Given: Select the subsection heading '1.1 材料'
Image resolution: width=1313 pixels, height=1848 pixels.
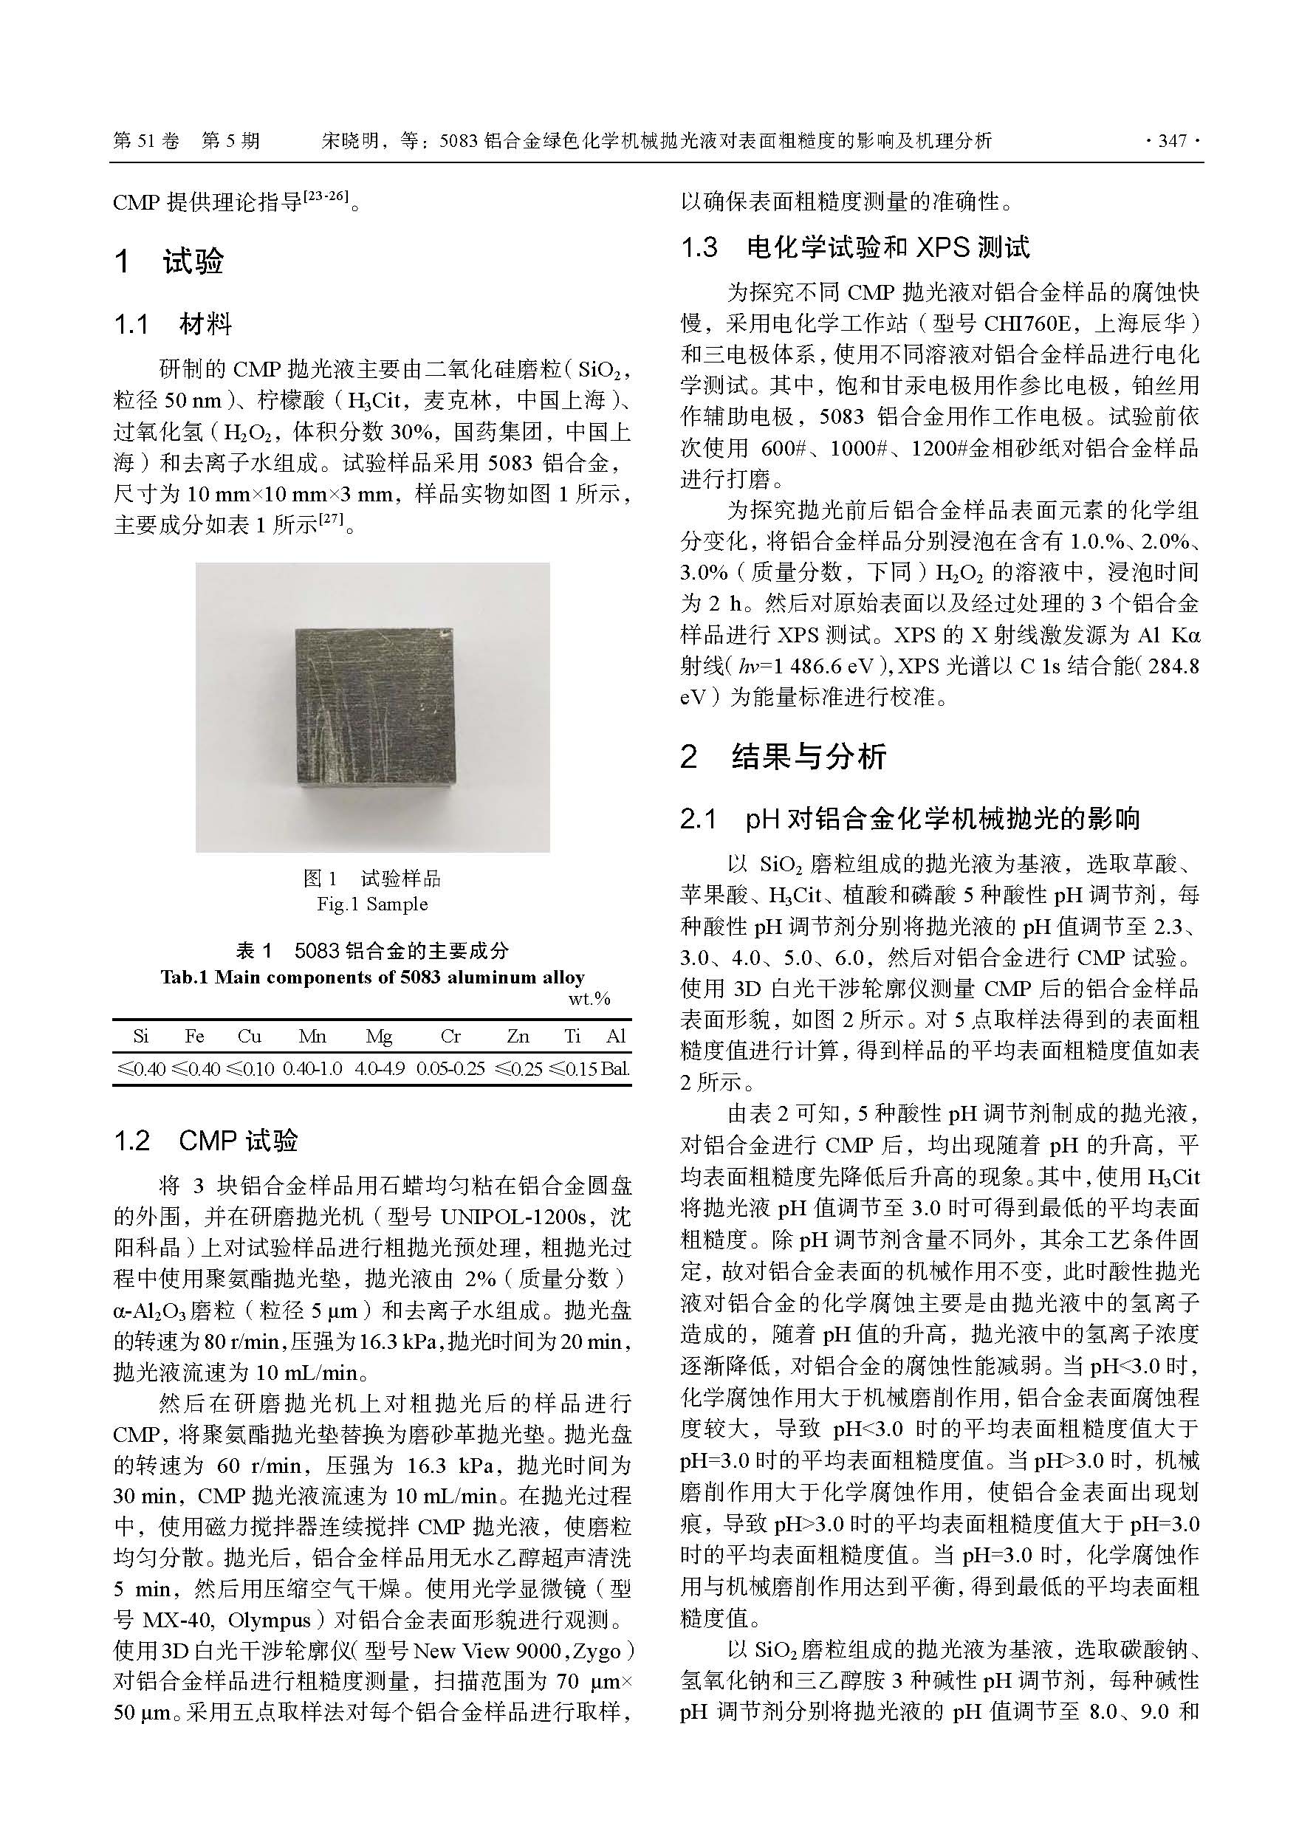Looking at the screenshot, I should tap(173, 325).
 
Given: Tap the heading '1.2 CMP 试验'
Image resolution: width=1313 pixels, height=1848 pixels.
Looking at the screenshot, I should tap(206, 1141).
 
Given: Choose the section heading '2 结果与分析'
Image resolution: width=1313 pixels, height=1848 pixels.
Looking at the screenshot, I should tap(784, 756).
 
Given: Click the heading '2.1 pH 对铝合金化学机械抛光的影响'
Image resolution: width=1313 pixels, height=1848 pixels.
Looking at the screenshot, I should tap(910, 819).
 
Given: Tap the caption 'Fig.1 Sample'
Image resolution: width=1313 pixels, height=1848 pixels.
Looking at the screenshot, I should tap(372, 904).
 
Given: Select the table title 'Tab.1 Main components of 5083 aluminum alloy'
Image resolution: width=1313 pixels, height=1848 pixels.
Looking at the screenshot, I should tap(372, 978).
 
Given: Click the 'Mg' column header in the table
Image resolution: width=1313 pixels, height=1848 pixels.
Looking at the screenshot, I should tap(378, 1037).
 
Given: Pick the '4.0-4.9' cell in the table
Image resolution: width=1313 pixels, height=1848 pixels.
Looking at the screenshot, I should tap(379, 1068).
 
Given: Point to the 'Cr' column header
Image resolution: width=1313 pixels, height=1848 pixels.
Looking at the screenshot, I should tap(450, 1037).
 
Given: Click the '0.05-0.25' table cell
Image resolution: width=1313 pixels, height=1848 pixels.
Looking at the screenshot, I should tap(450, 1068).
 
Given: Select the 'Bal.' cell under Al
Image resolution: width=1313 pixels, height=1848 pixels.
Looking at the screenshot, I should tap(615, 1068).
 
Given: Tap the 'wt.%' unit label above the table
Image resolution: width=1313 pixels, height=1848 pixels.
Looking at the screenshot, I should tap(589, 999).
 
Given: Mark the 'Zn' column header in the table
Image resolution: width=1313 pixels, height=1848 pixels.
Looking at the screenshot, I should tap(518, 1037).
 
